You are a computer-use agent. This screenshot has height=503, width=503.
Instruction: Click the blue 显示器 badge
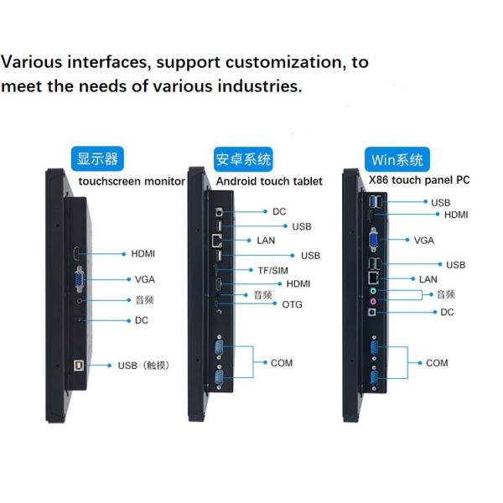pyautogui.click(x=97, y=158)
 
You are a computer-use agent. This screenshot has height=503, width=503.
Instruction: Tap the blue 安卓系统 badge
pyautogui.click(x=243, y=159)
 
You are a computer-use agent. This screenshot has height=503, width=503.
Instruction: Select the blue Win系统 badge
pyautogui.click(x=397, y=159)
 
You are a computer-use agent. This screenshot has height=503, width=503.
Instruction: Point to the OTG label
pyautogui.click(x=292, y=304)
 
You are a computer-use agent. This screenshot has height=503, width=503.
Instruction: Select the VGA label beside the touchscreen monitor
pyautogui.click(x=144, y=279)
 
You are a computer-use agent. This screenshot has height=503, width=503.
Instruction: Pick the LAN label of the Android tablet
pyautogui.click(x=267, y=241)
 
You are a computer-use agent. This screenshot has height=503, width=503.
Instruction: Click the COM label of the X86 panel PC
pyautogui.click(x=437, y=363)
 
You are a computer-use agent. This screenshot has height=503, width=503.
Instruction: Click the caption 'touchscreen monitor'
pyautogui.click(x=132, y=181)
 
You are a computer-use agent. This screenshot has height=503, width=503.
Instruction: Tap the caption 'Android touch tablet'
pyautogui.click(x=269, y=181)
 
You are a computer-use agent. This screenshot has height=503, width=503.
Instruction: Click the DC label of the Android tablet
pyautogui.click(x=279, y=212)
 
